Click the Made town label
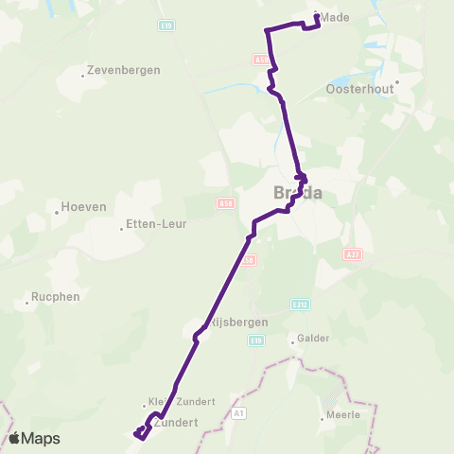pos(335,17)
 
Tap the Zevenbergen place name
pos(124,70)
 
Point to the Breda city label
pos(297,193)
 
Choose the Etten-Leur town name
pos(156,225)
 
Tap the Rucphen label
pos(54,296)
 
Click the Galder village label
pos(312,338)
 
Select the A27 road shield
pos(353,253)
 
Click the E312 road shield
pos(300,305)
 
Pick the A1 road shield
pos(238,412)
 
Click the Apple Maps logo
pos(35,438)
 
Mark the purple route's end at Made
pos(315,16)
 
